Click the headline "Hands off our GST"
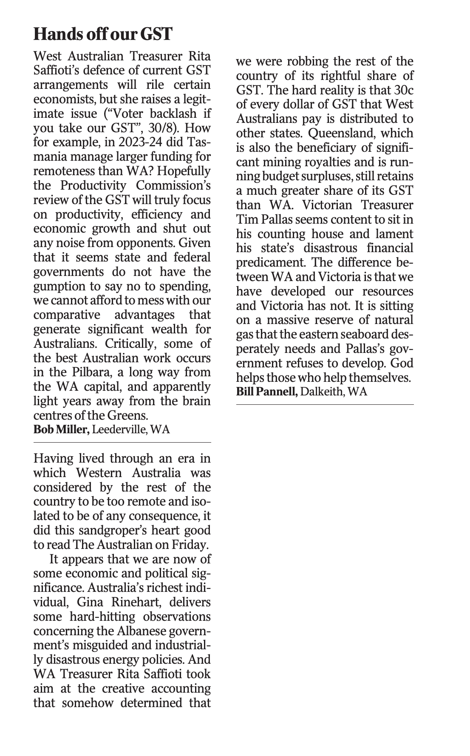coord(102,34)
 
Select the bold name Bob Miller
coord(61,429)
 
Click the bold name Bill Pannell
coord(267,391)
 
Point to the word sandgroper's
coord(120,530)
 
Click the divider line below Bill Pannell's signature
coord(325,405)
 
